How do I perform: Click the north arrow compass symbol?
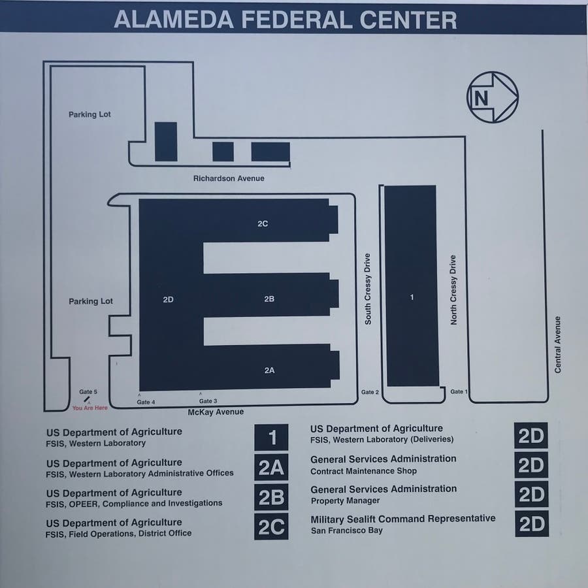coord(493,97)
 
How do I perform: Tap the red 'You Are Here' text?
coord(90,408)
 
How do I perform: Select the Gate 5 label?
coord(88,391)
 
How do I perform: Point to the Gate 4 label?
coord(146,402)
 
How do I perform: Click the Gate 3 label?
coord(208,401)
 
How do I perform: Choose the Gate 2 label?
coord(370,392)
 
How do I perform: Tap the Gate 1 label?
coord(459,391)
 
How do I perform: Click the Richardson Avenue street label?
coord(229,178)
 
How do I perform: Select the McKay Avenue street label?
coord(216,412)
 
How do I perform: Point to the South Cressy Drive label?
coord(367,289)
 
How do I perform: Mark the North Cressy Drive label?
coord(453,290)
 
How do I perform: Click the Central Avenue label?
coord(558,344)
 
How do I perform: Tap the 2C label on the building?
coord(263,224)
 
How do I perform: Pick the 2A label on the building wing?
coord(269,370)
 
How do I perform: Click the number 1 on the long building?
coord(412,297)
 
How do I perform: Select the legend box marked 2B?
coord(271,497)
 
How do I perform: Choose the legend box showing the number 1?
coord(271,437)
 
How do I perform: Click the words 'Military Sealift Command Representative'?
coord(402,519)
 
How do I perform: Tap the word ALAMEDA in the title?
coord(174,20)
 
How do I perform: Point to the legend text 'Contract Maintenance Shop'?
coord(363,471)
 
